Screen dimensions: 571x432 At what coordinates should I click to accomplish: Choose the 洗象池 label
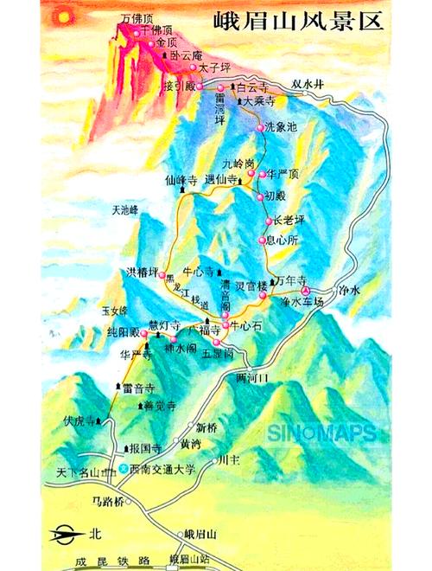coord(282,127)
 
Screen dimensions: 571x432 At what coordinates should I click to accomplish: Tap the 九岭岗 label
coord(238,163)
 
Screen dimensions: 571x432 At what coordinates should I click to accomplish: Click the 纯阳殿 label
coord(124,330)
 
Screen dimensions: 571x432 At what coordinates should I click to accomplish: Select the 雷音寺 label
coord(138,389)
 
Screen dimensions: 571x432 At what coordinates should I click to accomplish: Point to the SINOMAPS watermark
coord(321,433)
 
